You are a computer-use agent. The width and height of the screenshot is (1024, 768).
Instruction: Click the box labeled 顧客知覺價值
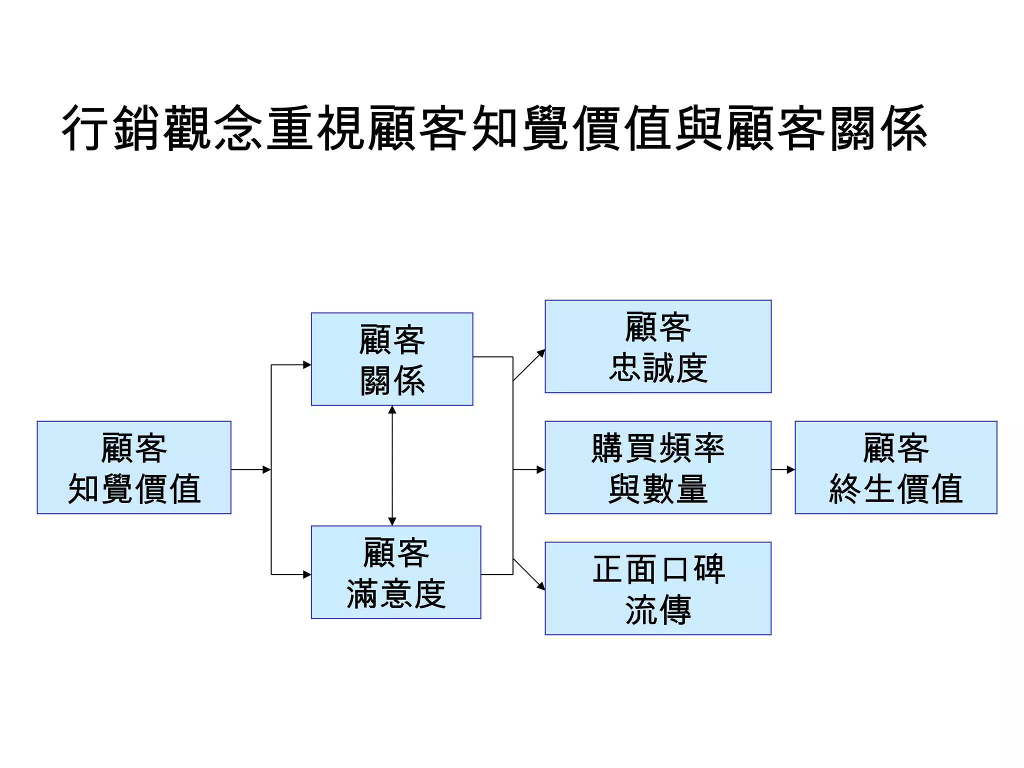point(134,467)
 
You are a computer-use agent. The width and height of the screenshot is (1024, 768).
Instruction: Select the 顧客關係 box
point(392,359)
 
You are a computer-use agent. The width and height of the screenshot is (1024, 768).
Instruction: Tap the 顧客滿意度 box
point(396,572)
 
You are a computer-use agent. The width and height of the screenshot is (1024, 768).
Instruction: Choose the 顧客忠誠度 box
point(658,346)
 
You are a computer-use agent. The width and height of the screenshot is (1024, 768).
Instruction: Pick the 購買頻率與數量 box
point(658,467)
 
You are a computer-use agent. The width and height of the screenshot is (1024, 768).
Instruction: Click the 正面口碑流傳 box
point(658,588)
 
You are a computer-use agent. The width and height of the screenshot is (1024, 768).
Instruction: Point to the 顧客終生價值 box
point(896,467)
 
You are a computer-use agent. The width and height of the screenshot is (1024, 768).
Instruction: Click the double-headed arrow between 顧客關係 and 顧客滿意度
point(392,465)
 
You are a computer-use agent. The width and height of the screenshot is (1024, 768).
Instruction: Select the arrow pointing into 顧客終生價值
point(783,469)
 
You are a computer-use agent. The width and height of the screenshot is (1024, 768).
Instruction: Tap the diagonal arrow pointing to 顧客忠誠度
point(529,365)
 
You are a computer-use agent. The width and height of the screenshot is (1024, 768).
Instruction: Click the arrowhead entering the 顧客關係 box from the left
point(307,365)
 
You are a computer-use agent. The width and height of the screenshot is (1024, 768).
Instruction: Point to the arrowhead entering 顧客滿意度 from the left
point(307,574)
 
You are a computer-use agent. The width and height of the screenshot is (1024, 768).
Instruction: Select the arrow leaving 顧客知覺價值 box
point(250,469)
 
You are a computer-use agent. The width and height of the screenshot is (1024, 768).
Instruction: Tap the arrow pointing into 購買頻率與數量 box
point(529,469)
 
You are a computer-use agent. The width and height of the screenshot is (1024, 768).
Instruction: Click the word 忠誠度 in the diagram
point(658,368)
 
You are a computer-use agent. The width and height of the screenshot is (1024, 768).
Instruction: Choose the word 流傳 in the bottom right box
point(658,610)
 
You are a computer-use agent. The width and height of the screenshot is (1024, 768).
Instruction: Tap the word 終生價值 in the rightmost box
point(896,489)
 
